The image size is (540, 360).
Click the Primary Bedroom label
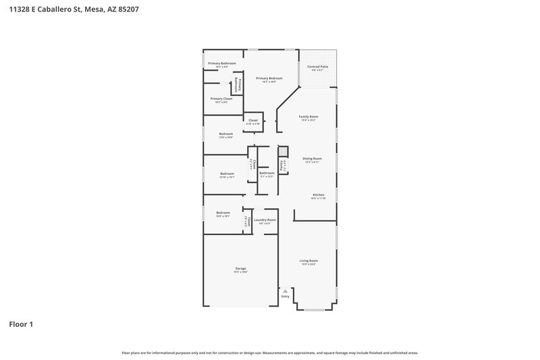(269, 78)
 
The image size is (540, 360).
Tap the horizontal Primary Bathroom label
(221, 63)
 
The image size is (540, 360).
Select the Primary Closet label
(221, 99)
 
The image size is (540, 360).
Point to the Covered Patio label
(318, 67)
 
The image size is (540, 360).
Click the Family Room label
(308, 117)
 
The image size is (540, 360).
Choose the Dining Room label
(312, 159)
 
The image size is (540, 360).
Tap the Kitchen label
(319, 195)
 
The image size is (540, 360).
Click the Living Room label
(308, 260)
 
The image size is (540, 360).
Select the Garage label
(240, 268)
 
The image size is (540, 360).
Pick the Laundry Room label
(265, 220)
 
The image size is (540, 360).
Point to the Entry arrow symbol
(285, 290)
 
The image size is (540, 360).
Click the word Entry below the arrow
(285, 297)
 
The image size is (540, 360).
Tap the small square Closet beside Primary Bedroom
(253, 121)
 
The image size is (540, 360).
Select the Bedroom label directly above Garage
(223, 213)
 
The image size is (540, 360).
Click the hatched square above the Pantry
(283, 151)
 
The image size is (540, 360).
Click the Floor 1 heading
(20, 324)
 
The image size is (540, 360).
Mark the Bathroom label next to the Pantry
(267, 173)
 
